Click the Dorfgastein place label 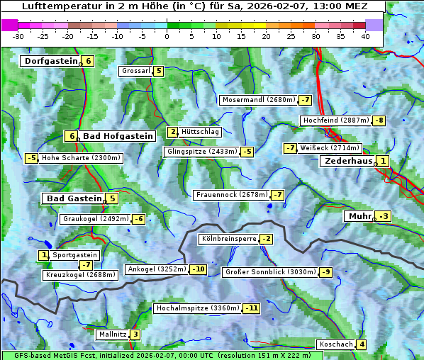(x=51, y=61)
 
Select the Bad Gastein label (x=74, y=198)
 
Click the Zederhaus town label (x=348, y=161)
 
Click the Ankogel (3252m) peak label (x=156, y=269)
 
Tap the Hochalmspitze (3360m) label (x=198, y=308)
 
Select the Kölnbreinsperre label (x=228, y=239)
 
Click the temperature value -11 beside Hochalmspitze (x=252, y=308)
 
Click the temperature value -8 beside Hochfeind (x=379, y=120)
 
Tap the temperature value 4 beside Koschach (x=362, y=344)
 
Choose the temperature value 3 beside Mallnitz (x=135, y=334)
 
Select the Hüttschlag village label (x=201, y=132)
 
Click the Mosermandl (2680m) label (x=258, y=100)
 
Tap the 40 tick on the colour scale (x=365, y=36)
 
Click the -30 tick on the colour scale (x=18, y=36)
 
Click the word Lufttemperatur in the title (x=54, y=6)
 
